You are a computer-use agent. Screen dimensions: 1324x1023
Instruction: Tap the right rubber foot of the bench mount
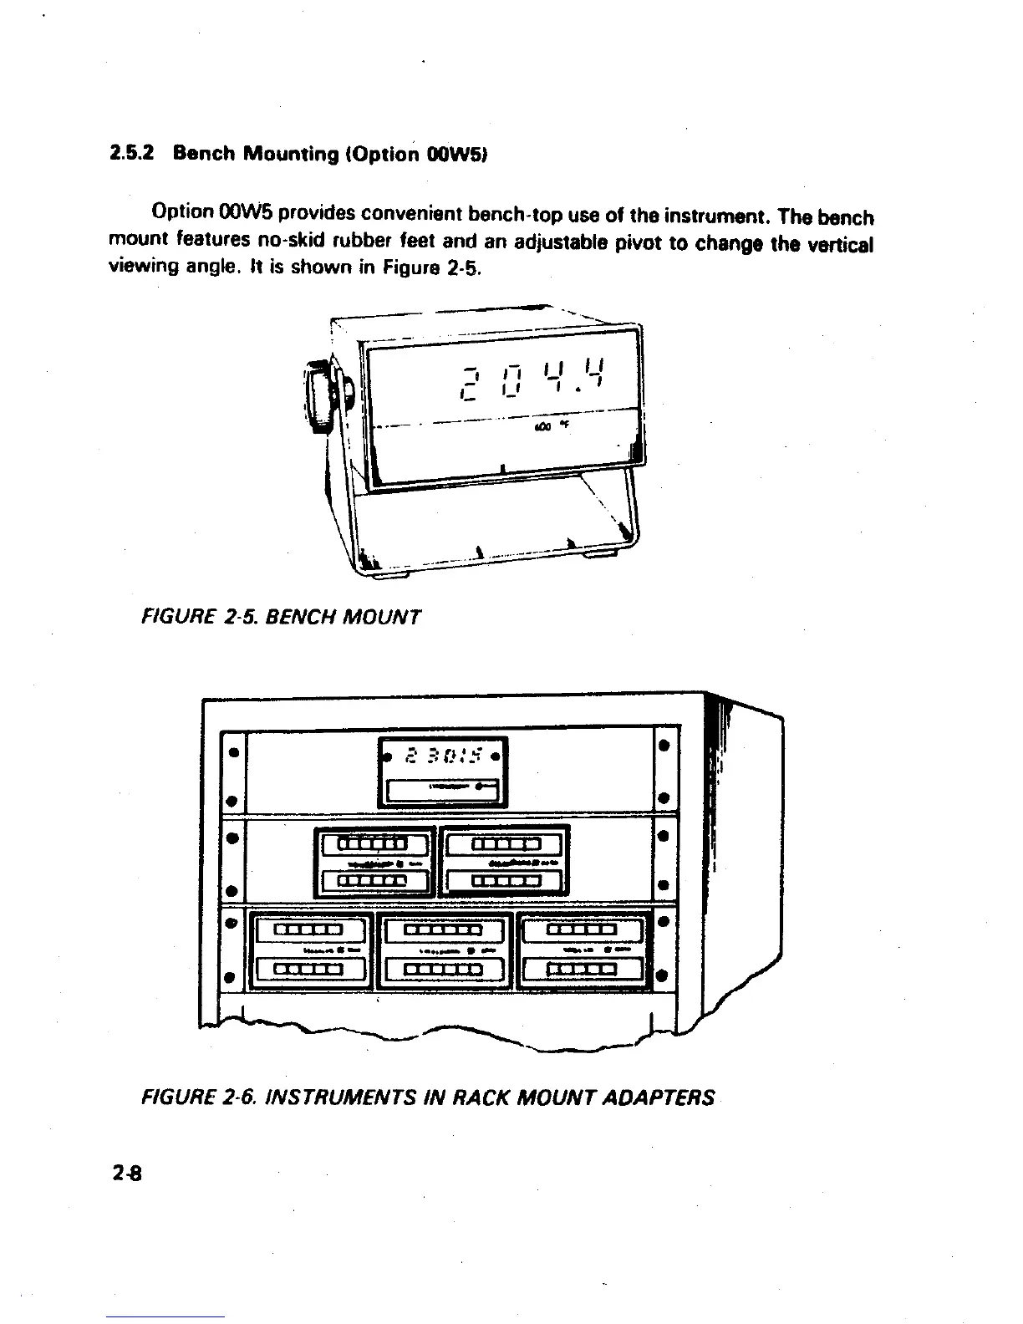[600, 553]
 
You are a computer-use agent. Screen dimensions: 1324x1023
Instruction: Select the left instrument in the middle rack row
[374, 862]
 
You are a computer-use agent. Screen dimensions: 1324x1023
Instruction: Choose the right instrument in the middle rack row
[505, 862]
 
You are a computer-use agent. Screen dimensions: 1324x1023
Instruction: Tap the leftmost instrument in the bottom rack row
[310, 950]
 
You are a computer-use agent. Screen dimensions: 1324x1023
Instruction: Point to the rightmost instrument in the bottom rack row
[582, 950]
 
